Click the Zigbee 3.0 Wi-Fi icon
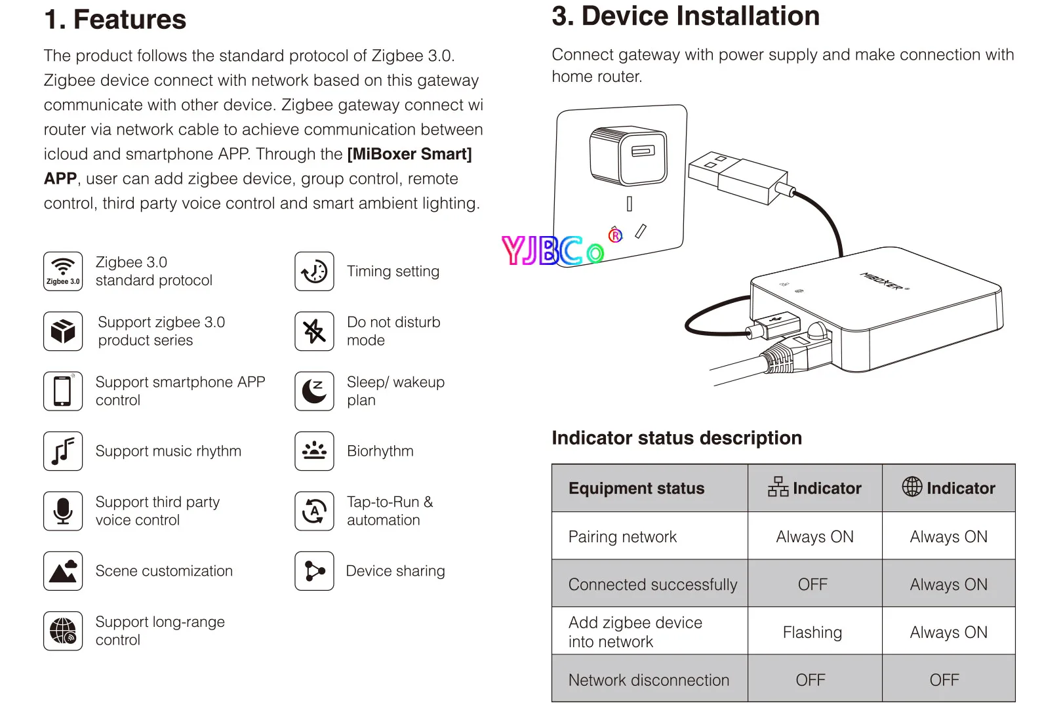point(63,271)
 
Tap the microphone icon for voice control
point(63,511)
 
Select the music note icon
point(63,451)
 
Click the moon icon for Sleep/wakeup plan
point(315,391)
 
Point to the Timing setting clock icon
point(315,271)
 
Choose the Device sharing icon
point(315,571)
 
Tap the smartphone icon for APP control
point(63,391)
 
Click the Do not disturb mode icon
point(315,331)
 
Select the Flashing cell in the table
point(812,632)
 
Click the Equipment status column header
point(636,489)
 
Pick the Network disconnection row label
point(649,680)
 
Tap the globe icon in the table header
point(912,487)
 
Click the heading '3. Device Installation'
point(685,16)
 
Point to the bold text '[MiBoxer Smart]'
point(410,154)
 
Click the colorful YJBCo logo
point(554,250)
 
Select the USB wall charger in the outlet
point(628,156)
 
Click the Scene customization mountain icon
point(63,571)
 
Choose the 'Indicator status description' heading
point(677,438)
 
